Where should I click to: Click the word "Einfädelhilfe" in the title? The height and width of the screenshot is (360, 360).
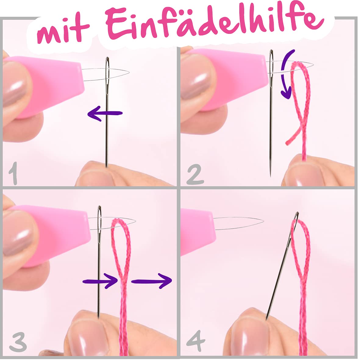[x=215, y=23]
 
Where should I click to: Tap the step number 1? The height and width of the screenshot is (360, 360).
[x=13, y=173]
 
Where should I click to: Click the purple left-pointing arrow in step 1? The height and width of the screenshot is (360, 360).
[x=105, y=113]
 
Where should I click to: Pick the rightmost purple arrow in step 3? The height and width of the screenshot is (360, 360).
[x=151, y=280]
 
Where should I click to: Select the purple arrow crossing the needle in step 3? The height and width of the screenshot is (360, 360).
[x=100, y=281]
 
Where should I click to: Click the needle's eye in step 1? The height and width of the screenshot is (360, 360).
[x=107, y=76]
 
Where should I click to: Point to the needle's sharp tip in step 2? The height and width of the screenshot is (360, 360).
[x=270, y=176]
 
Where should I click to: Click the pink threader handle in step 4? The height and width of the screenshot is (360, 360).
[x=198, y=232]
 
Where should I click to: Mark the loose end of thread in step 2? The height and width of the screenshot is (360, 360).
[x=287, y=143]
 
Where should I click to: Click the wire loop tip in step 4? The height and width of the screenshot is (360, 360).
[x=263, y=221]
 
